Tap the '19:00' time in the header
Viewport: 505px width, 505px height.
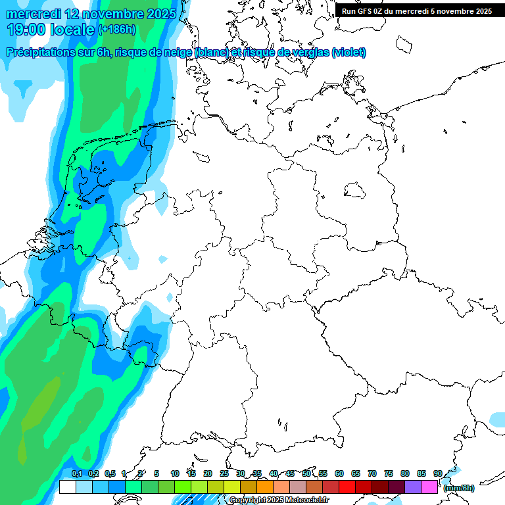[x=26, y=30]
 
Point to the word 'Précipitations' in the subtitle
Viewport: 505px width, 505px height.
[x=39, y=53]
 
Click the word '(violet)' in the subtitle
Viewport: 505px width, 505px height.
[x=349, y=53]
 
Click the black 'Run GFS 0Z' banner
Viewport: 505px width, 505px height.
[x=417, y=11]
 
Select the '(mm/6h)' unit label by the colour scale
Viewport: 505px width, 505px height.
[x=458, y=488]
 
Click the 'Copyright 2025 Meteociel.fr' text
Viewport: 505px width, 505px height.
[x=279, y=500]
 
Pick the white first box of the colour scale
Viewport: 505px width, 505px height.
[x=67, y=487]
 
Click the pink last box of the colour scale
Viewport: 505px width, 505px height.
[x=429, y=487]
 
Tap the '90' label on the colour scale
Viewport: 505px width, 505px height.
[x=437, y=473]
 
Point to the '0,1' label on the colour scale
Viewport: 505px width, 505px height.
[x=76, y=473]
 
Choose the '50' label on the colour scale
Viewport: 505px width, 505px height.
[x=306, y=473]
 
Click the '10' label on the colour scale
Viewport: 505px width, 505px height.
[x=175, y=473]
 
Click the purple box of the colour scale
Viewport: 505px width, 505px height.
[x=413, y=487]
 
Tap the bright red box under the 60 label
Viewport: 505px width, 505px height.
[x=347, y=487]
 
